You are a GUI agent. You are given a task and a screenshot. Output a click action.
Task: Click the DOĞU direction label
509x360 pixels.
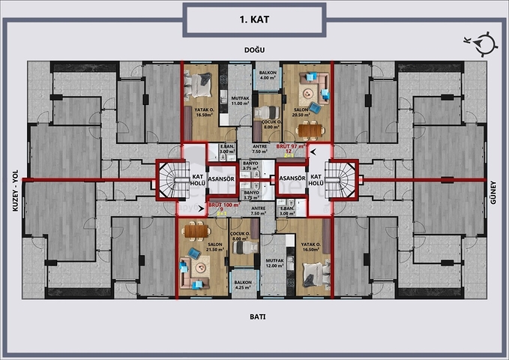[x=254, y=50]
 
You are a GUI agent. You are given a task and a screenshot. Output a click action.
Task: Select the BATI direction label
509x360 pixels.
[x=256, y=316]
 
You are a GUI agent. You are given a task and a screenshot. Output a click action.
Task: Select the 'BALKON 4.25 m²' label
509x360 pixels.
[x=242, y=284]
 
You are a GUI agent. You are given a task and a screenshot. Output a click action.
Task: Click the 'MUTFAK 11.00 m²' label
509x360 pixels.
[x=239, y=100]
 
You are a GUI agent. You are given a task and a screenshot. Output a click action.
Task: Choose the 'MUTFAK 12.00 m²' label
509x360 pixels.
[x=275, y=262]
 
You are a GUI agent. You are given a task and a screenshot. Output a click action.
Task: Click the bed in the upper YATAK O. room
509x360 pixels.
[x=202, y=88]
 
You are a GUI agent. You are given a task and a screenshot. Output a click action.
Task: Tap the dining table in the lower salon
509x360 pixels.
[x=194, y=230]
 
